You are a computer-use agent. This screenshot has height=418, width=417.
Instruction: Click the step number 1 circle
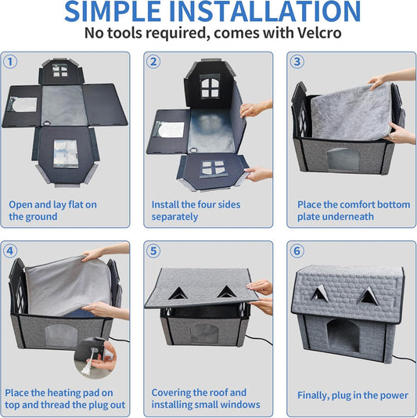11,62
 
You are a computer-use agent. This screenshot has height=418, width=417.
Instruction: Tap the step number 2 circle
154,62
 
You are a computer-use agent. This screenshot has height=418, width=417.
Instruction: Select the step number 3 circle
297,62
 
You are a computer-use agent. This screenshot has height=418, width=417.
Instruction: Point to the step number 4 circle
11,251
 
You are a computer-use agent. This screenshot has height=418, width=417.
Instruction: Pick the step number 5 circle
154,251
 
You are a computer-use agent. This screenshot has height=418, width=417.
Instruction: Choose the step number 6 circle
297,251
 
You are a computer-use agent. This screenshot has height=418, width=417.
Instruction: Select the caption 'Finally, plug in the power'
352,395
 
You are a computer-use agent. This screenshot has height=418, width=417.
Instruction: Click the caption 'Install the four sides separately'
196,211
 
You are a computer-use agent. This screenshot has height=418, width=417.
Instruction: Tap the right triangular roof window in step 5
226,291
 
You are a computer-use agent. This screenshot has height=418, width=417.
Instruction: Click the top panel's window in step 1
59,70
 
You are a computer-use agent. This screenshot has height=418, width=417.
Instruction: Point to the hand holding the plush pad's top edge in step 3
379,81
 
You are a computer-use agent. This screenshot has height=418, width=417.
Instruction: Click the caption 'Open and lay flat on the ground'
52,211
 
